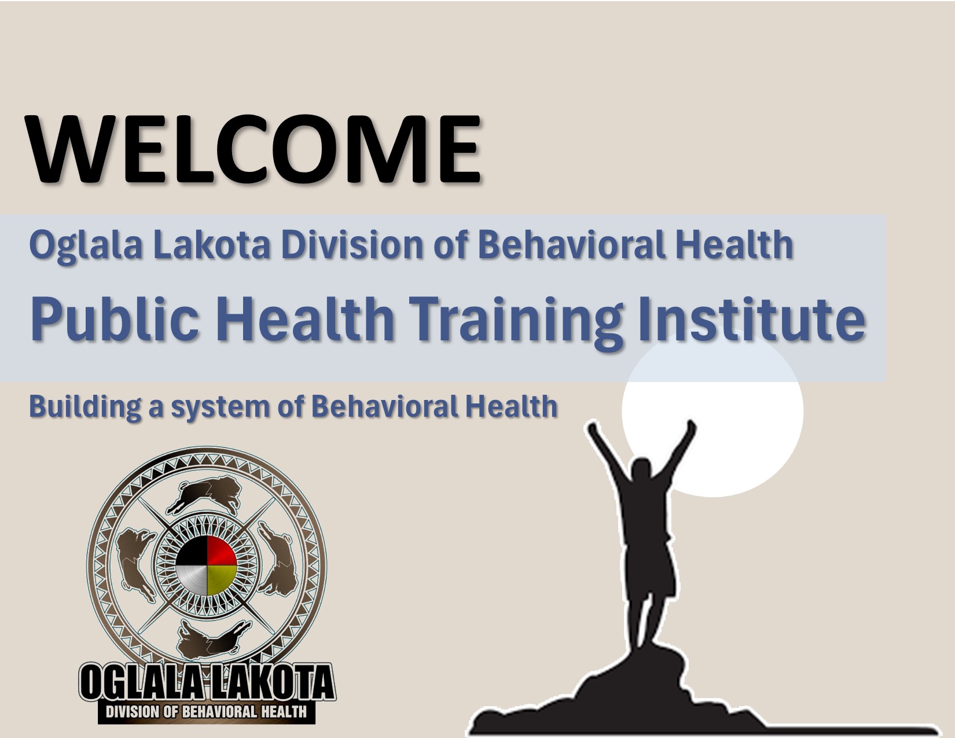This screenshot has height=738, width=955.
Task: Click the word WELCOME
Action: pos(254,149)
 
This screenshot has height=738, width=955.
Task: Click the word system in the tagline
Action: pos(220,408)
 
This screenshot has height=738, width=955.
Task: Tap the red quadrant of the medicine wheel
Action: pos(221,551)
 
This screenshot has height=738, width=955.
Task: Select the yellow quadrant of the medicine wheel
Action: pos(222,580)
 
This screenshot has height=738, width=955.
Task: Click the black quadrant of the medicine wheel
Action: pos(192,551)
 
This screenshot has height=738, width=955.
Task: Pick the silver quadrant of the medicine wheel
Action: pos(192,580)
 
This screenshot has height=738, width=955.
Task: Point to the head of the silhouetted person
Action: pos(642,468)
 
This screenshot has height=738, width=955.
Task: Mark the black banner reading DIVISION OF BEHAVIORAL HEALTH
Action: pos(206,712)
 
